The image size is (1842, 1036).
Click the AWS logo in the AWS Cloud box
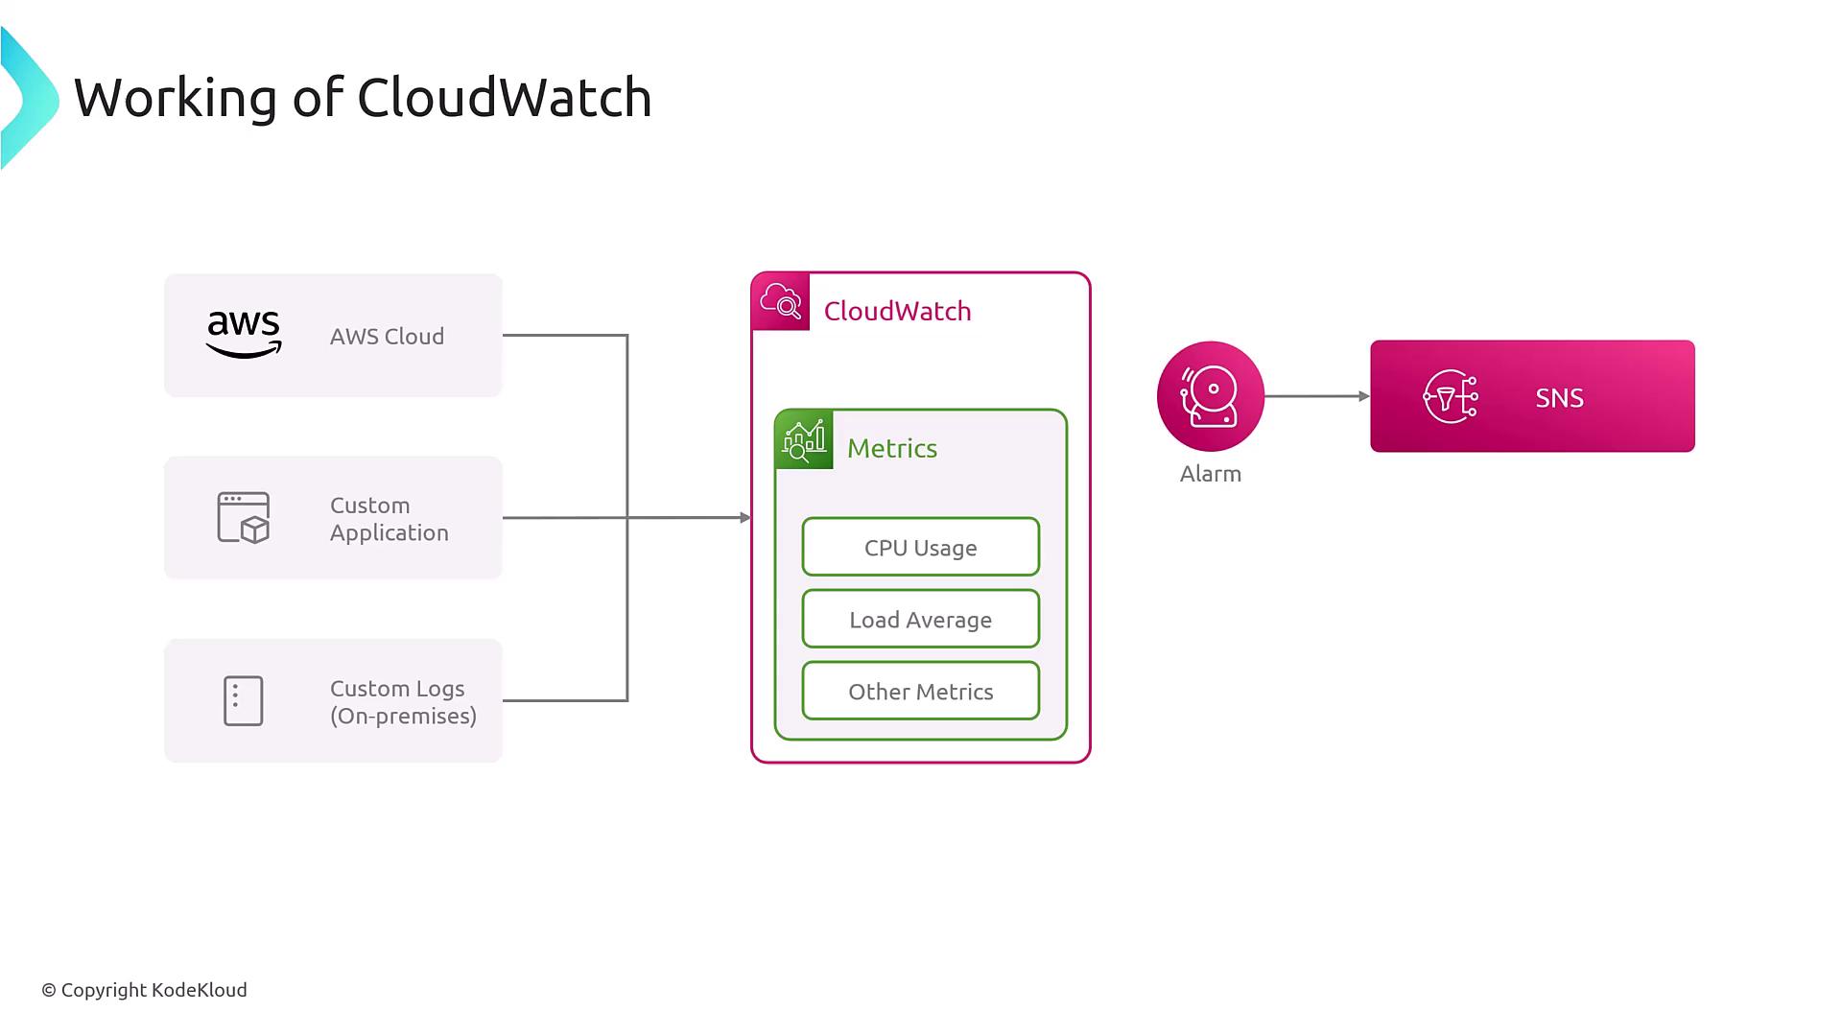[x=244, y=335]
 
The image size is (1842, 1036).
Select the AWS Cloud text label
[x=387, y=337]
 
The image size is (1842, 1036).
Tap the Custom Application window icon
[x=244, y=518]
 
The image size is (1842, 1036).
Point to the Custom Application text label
[x=389, y=519]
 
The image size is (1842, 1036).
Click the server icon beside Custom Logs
[x=243, y=701]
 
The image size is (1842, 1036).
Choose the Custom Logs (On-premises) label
[x=403, y=702]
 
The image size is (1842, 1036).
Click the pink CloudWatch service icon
[x=781, y=302]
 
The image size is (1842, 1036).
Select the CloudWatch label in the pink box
[x=897, y=312]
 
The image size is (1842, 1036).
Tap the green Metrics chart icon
[x=804, y=440]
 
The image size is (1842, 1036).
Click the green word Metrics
[x=891, y=449]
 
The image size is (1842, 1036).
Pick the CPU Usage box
[x=920, y=548]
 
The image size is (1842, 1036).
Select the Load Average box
[x=920, y=620]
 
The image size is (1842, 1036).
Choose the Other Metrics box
[x=920, y=692]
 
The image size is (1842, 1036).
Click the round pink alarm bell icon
[x=1210, y=396]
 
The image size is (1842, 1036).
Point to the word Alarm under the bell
[x=1210, y=474]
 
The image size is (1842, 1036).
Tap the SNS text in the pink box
[x=1559, y=398]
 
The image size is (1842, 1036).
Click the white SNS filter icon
[x=1450, y=396]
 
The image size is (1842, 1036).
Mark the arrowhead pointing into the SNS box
[x=1364, y=396]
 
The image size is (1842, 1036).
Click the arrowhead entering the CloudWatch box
[x=745, y=518]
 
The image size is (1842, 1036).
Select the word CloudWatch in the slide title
[x=504, y=98]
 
